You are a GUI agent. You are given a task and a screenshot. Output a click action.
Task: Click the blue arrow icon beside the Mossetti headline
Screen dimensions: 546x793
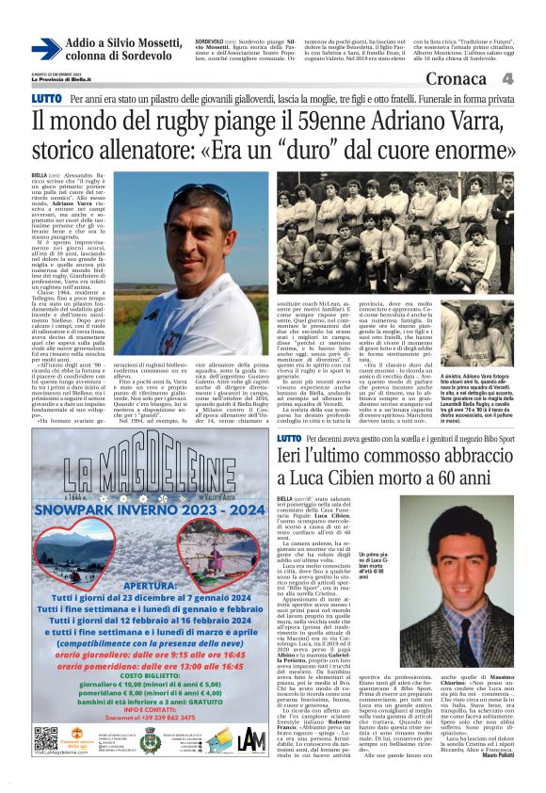pyautogui.click(x=46, y=49)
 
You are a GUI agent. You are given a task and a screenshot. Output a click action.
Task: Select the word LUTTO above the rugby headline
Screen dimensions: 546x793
pyautogui.click(x=45, y=98)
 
